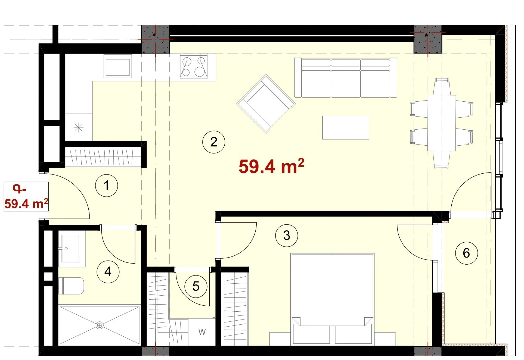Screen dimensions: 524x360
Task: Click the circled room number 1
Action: (106, 186)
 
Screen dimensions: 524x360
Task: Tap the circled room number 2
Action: (214, 142)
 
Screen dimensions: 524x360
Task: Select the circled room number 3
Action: (287, 235)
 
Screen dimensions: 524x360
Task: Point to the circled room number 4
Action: (108, 271)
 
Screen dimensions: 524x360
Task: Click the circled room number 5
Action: (196, 286)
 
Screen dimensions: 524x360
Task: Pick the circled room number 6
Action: (466, 253)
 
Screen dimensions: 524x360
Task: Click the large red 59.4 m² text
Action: (271, 166)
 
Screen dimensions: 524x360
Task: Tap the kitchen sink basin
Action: (117, 66)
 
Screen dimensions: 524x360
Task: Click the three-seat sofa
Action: (346, 77)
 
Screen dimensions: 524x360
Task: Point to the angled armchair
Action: (266, 104)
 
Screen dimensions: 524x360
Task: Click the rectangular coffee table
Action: (346, 128)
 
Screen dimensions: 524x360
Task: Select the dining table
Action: (442, 123)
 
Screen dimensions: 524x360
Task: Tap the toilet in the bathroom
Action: (71, 286)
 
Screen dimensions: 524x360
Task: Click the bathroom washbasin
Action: (70, 248)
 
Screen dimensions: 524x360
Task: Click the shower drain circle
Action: (100, 325)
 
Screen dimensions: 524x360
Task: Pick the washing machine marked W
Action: (202, 332)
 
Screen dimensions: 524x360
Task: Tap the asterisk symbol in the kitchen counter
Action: (79, 127)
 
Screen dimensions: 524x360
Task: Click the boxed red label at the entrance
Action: (26, 197)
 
